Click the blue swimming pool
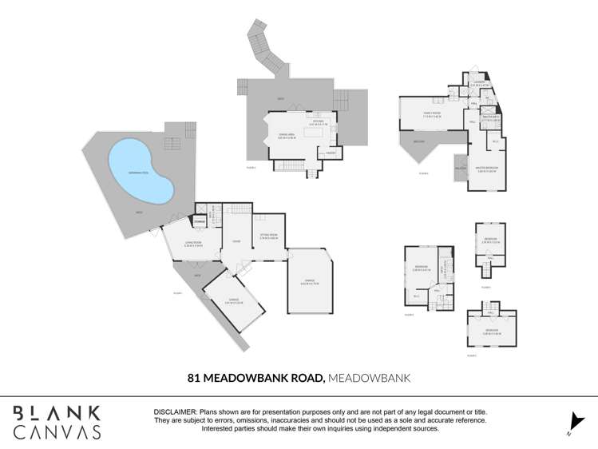coord(140,171)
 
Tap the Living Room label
coord(193,244)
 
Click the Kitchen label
coord(317,122)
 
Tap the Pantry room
coord(330,153)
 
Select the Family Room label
coord(433,114)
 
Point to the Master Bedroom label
coord(488,170)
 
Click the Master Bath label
coord(492,119)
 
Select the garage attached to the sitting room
coord(308,281)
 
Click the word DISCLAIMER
coord(175,411)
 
